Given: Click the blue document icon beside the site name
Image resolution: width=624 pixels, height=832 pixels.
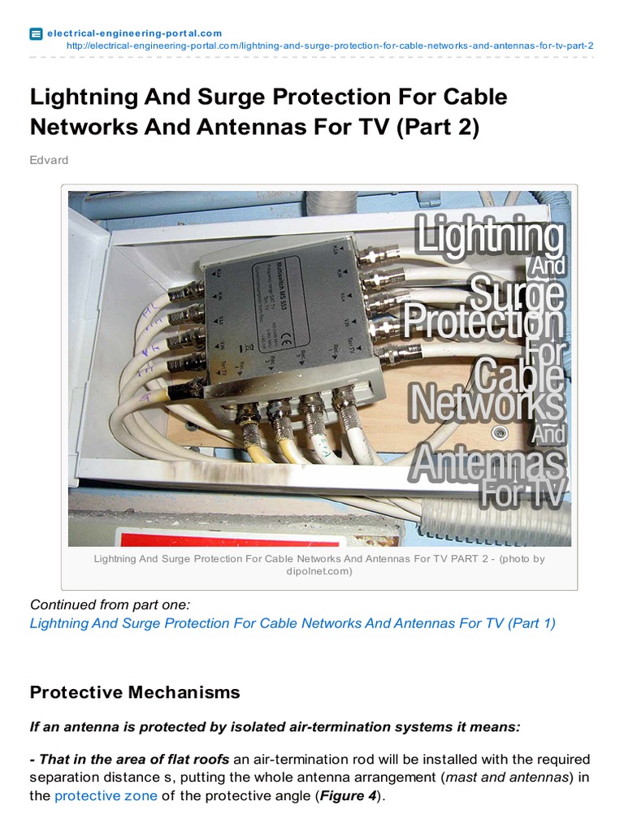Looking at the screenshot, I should tap(36, 33).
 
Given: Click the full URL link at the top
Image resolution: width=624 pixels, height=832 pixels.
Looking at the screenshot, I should tap(329, 45).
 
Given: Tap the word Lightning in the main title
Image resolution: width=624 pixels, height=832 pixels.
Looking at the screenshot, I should tap(80, 97).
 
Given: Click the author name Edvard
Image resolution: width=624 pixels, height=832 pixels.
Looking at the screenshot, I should tap(49, 160).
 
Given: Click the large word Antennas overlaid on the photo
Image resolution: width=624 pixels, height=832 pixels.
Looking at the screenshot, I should tap(487, 463).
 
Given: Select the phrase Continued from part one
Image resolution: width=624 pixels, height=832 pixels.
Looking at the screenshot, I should tap(109, 604).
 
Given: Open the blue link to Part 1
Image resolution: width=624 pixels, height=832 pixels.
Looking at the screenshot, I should tap(292, 623).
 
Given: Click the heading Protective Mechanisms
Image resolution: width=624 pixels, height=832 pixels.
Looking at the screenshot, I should tap(135, 692).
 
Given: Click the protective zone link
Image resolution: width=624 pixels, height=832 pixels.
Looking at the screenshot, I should tap(106, 796).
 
